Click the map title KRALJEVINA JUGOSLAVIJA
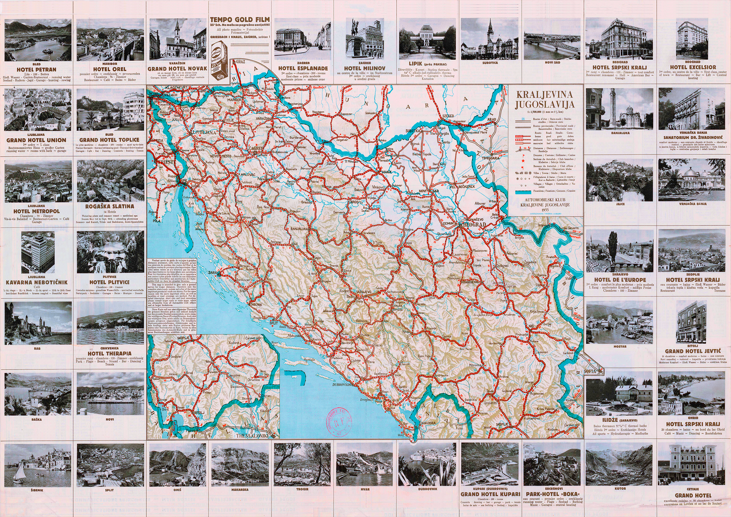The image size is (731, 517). pyautogui.click(x=545, y=99)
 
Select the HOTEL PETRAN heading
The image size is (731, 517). pyautogui.click(x=37, y=69)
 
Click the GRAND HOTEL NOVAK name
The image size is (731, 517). pyautogui.click(x=177, y=68)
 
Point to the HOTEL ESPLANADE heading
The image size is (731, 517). pyautogui.click(x=303, y=68)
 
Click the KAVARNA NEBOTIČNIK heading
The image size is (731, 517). pyautogui.click(x=37, y=283)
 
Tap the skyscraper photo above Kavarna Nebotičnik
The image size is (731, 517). pyautogui.click(x=37, y=252)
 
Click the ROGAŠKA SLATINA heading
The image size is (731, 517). pyautogui.click(x=110, y=206)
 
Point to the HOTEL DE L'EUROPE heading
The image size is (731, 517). pyautogui.click(x=620, y=280)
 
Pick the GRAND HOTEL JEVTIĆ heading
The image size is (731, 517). pyautogui.click(x=691, y=351)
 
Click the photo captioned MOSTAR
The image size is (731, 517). pyautogui.click(x=619, y=322)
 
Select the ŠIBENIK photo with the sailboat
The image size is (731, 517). pyautogui.click(x=38, y=465)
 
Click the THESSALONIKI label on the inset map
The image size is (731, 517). pyautogui.click(x=256, y=434)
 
